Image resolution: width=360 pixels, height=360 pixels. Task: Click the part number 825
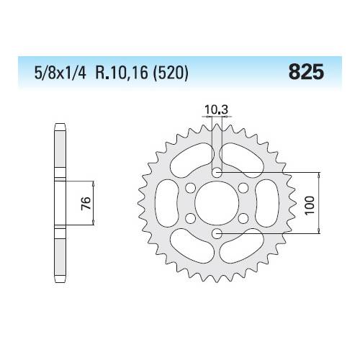coord(306,72)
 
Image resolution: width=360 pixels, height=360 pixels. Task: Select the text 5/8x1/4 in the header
coord(60,73)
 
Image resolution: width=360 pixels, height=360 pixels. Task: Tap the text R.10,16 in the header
coord(122,73)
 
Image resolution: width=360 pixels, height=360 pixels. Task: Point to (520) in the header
coord(170,73)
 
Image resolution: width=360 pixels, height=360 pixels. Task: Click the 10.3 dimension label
coord(216,110)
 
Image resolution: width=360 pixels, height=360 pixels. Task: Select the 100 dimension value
coord(310,206)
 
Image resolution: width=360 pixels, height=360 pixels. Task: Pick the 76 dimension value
coord(86,203)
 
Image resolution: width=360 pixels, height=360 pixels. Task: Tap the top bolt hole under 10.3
coord(217,172)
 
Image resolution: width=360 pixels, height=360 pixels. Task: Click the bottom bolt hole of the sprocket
coord(217,233)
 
